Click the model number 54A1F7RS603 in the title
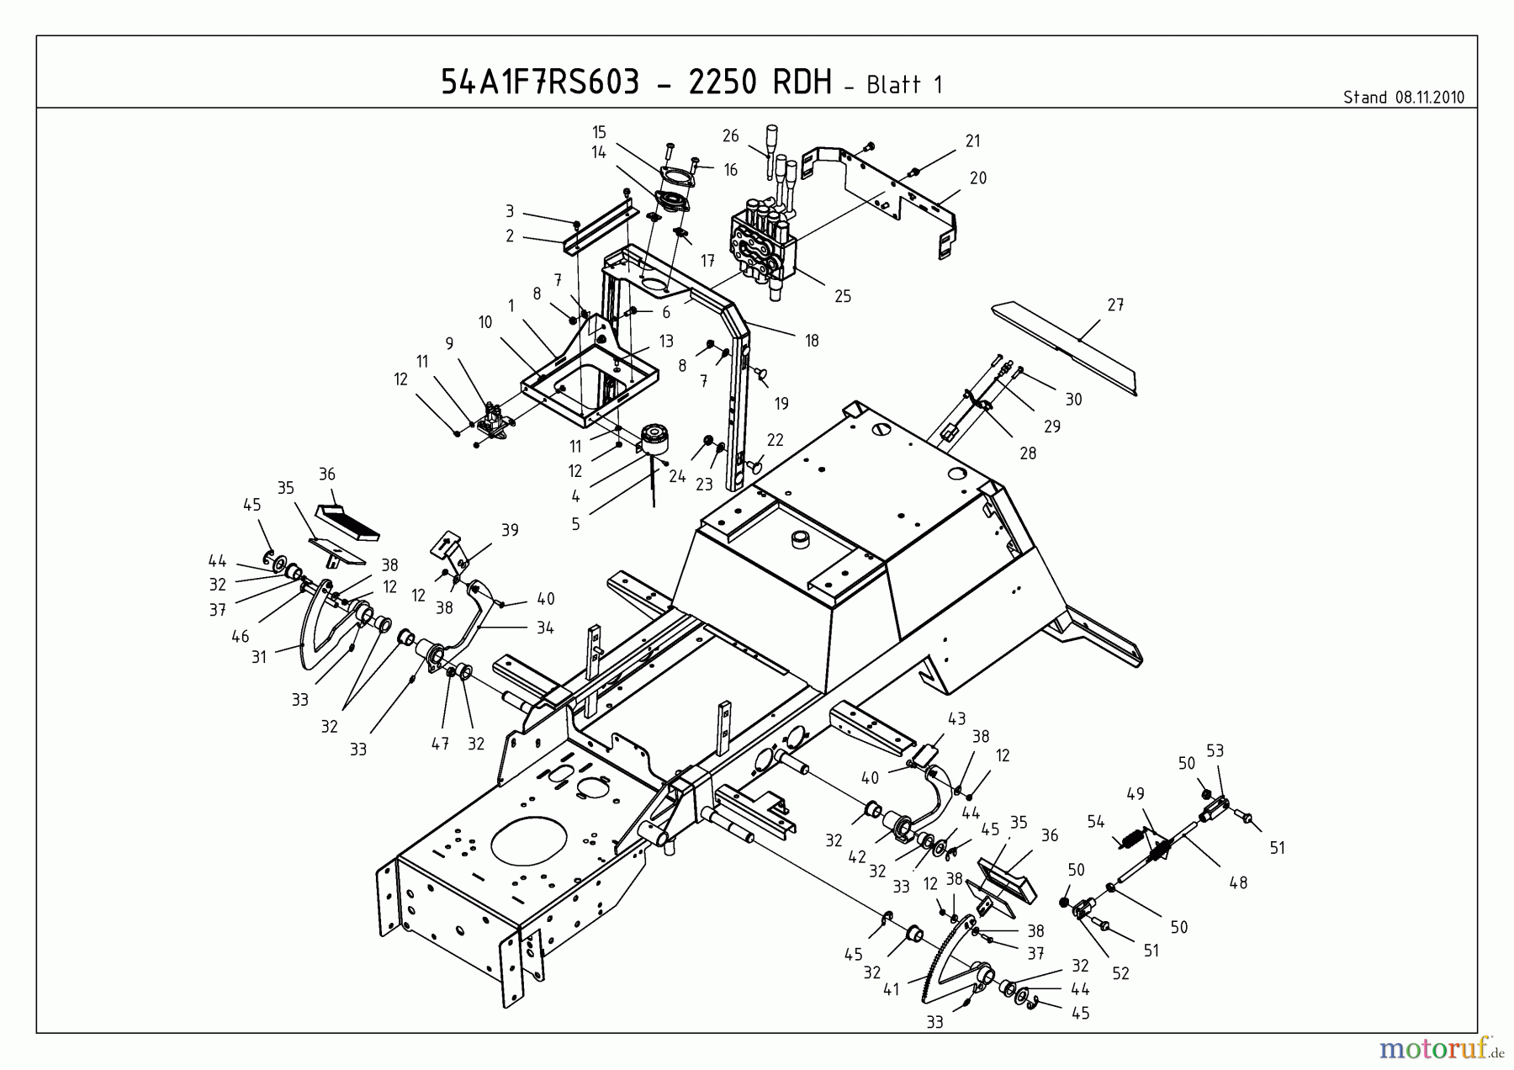(539, 82)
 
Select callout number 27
(1115, 305)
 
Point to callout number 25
(843, 296)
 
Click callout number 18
(812, 341)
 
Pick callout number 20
(977, 178)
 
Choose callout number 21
(972, 141)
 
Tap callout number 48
(1238, 883)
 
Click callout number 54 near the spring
(1095, 822)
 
